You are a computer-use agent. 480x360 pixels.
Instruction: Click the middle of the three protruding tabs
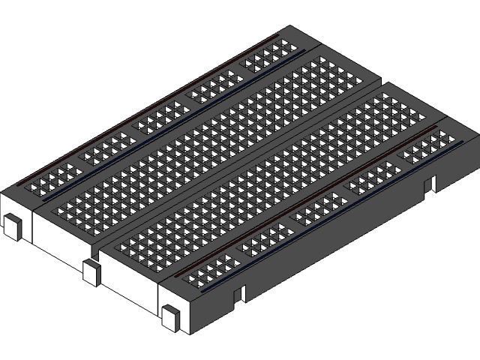click(91, 272)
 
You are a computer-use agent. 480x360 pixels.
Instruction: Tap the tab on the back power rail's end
click(13, 226)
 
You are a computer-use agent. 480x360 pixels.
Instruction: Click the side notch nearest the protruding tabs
click(239, 293)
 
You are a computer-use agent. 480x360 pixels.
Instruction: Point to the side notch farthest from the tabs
click(430, 184)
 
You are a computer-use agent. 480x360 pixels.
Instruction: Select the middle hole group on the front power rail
click(318, 208)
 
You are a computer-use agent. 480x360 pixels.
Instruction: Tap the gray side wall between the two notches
click(337, 240)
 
